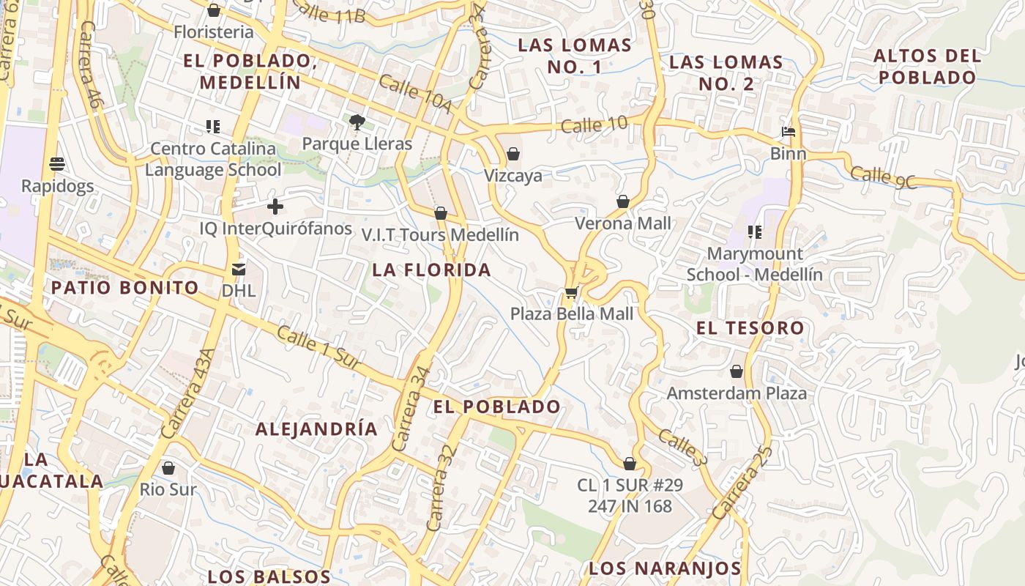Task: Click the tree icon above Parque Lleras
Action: [x=357, y=122]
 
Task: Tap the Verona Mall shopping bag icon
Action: [x=623, y=201]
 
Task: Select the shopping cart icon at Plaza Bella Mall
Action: [x=571, y=292]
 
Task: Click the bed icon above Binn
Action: [x=789, y=133]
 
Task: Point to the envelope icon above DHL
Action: [x=239, y=270]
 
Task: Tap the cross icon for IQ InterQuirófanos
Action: [x=275, y=207]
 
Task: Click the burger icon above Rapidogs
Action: [x=57, y=164]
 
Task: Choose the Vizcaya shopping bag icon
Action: [x=513, y=154]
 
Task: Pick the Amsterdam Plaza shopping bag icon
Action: [x=737, y=371]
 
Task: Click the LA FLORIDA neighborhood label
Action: [x=431, y=270]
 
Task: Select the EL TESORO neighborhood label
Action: [x=750, y=327]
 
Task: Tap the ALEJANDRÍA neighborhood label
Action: [x=316, y=429]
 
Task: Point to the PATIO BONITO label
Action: [x=124, y=287]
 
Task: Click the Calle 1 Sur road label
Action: [x=319, y=349]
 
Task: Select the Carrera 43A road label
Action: [x=188, y=394]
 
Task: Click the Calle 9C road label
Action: [x=884, y=177]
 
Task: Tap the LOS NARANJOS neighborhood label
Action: [x=665, y=568]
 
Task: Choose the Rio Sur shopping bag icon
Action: [x=168, y=467]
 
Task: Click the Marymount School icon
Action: [x=755, y=232]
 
